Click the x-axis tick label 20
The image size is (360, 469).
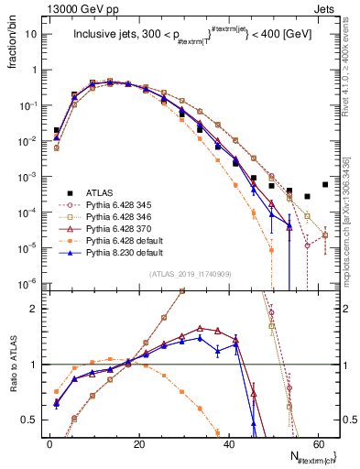[x=139, y=443]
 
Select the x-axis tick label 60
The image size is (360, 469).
[x=321, y=443]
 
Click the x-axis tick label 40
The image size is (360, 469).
[x=230, y=443]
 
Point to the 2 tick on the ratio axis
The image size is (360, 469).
[x=33, y=309]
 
